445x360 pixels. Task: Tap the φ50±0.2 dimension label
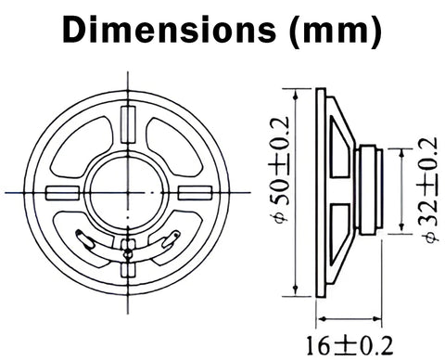click(280, 169)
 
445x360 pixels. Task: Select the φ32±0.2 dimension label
click(429, 189)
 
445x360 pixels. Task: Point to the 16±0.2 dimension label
click(350, 345)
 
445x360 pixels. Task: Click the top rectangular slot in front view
click(128, 124)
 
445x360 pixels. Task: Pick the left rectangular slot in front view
click(62, 193)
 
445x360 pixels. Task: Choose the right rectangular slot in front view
click(195, 193)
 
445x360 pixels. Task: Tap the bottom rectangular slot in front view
click(128, 270)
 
